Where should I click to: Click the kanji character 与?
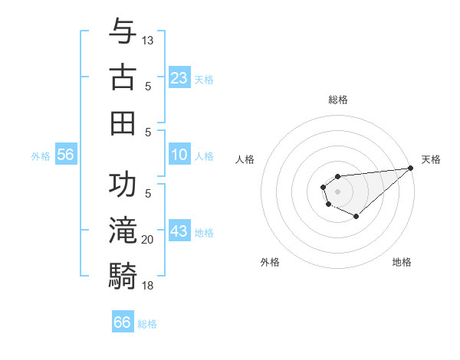click(123, 32)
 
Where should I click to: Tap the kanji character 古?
click(123, 78)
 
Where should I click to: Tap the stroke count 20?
click(148, 240)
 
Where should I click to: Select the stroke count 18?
click(148, 286)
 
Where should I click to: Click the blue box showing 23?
click(179, 78)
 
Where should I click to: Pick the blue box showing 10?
click(179, 155)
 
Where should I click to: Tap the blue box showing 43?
click(179, 231)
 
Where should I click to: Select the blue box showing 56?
click(65, 155)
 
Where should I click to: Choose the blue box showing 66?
click(123, 322)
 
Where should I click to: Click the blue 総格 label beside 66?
click(147, 324)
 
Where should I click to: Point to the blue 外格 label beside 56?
click(41, 155)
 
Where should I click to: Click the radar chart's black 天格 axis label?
click(431, 159)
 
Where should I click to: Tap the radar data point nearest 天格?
click(410, 168)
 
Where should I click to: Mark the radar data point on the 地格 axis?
click(356, 217)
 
